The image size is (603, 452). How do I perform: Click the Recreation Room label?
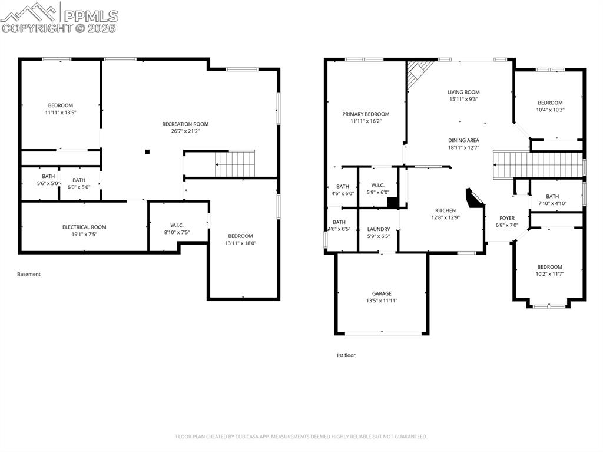pos(185,124)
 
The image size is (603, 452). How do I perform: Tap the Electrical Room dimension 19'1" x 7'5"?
pos(84,235)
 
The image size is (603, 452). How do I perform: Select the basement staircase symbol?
pos(235,163)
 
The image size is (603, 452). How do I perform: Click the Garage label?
pos(382,293)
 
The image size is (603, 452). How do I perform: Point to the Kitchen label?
pos(445,210)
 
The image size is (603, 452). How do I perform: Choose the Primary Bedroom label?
pos(366,114)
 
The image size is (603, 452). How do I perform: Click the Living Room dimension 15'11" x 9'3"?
pos(463,100)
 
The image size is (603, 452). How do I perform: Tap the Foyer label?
pos(507,218)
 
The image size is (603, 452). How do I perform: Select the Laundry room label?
pos(379,229)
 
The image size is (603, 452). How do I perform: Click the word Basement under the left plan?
pos(29,274)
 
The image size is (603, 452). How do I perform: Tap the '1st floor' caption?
pos(346,355)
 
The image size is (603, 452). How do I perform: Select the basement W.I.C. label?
pos(177,225)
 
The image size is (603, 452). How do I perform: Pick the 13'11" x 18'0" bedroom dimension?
pos(240,243)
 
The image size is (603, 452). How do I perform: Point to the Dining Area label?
pos(463,140)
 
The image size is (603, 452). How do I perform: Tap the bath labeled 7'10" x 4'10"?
pos(552,200)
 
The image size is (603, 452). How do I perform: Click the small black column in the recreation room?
pos(147,152)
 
